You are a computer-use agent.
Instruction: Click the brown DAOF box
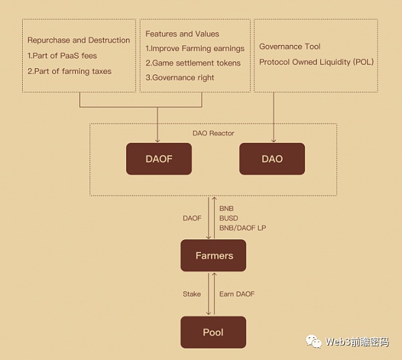[x=159, y=159]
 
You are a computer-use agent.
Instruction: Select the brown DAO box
[x=271, y=159]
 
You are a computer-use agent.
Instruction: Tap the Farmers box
[x=214, y=255]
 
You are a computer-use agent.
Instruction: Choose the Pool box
[x=213, y=333]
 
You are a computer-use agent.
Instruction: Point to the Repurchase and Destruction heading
[x=78, y=40]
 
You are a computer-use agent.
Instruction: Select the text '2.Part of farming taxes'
[x=69, y=71]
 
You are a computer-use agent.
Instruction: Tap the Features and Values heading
[x=182, y=34]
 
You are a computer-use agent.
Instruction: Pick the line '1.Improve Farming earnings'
[x=195, y=48]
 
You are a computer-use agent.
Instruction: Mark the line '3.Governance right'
[x=180, y=78]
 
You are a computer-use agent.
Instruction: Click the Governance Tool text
[x=289, y=47]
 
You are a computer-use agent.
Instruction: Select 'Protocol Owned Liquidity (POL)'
[x=316, y=62]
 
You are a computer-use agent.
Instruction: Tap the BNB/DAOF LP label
[x=243, y=228]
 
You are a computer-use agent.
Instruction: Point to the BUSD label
[x=228, y=218]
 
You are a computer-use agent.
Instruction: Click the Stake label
[x=192, y=294]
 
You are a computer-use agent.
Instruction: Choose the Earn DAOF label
[x=237, y=294]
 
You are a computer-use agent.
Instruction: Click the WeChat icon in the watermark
[x=314, y=341]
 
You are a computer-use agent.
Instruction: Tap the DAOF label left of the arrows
[x=192, y=218]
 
